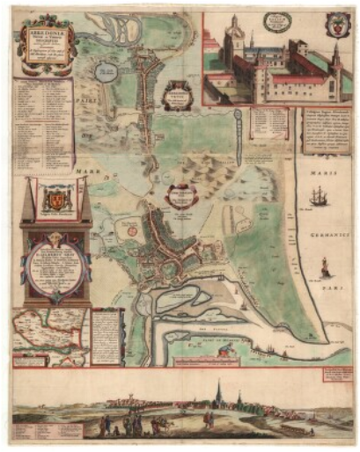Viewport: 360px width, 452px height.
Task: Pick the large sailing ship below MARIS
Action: point(318,198)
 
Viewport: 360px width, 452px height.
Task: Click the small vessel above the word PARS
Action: point(325,266)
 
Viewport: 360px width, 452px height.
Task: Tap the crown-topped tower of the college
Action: point(231,40)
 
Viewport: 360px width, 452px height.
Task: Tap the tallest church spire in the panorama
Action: point(218,392)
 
